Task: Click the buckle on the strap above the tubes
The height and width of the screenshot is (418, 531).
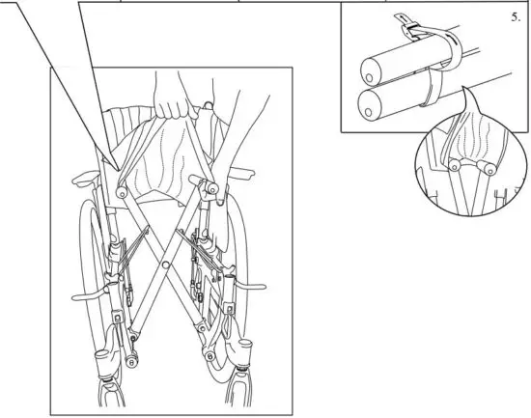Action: (x=408, y=30)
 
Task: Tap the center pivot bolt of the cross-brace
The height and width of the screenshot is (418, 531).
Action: (x=165, y=259)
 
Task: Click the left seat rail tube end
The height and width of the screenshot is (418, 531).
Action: (x=123, y=192)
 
